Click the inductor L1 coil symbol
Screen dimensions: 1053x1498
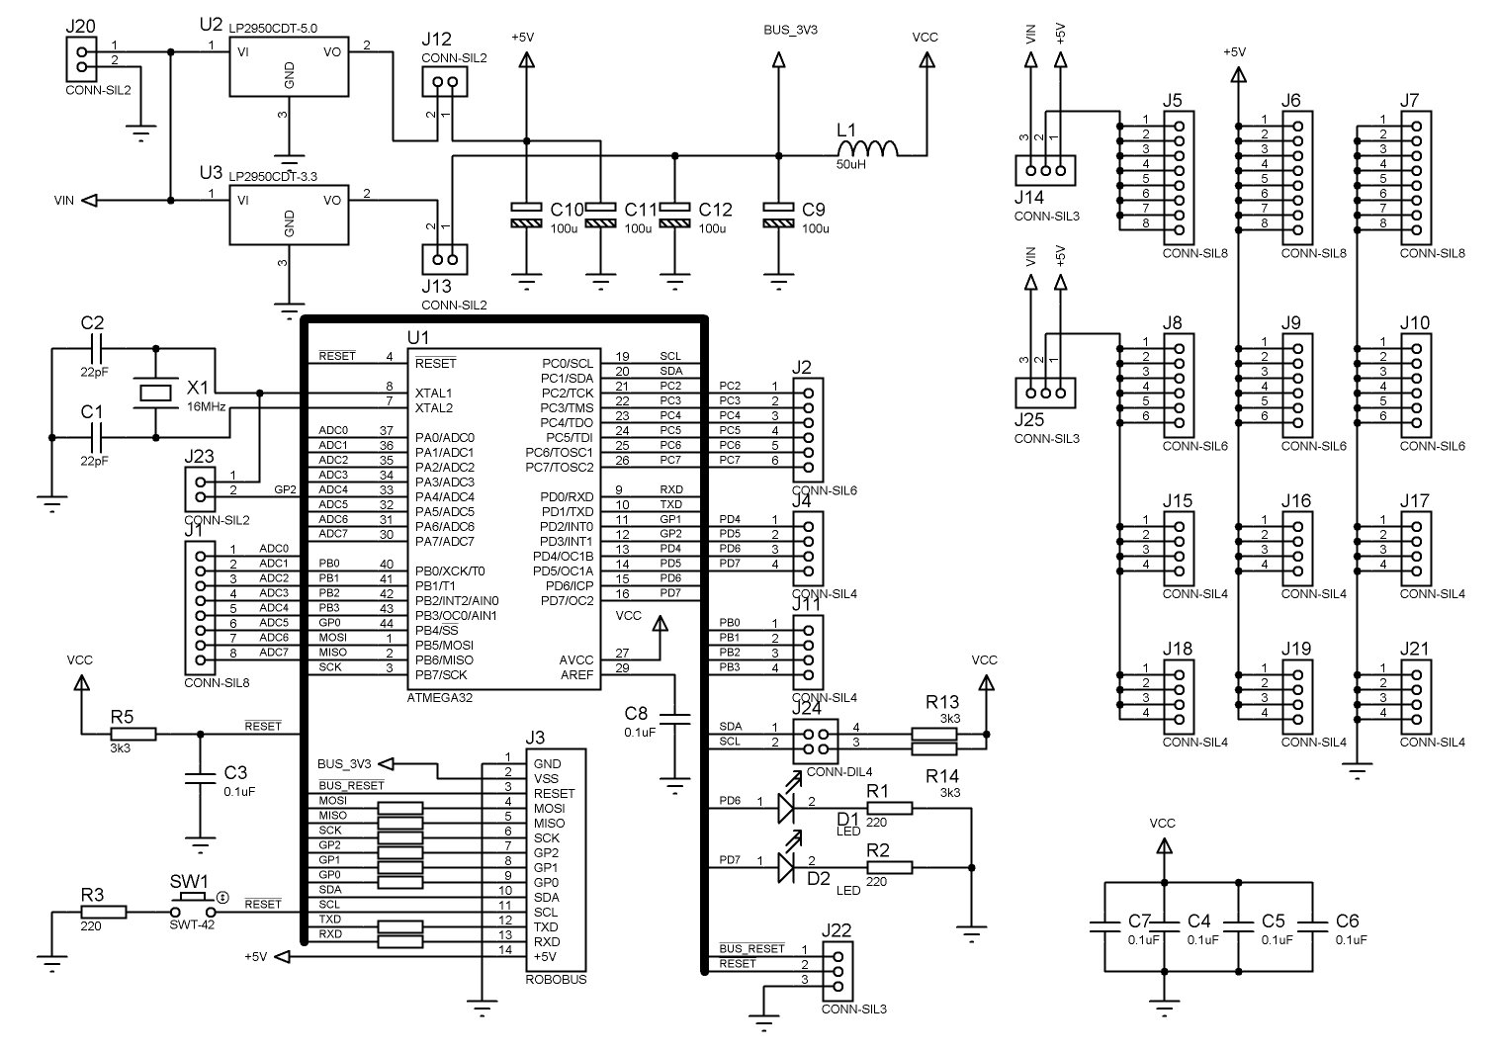click(x=867, y=147)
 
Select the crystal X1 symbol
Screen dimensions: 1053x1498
click(x=156, y=393)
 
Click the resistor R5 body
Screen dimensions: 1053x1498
click(x=132, y=734)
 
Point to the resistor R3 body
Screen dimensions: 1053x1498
click(x=103, y=912)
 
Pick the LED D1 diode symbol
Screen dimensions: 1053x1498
click(x=786, y=809)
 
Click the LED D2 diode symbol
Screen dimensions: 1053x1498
click(x=786, y=868)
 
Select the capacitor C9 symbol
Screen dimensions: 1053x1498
click(x=779, y=216)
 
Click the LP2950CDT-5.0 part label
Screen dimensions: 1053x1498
click(x=273, y=30)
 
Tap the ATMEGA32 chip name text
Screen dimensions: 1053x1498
click(x=440, y=697)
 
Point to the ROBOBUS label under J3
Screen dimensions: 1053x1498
click(x=556, y=980)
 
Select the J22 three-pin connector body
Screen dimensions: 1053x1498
click(x=837, y=972)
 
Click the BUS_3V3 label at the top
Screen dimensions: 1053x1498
click(x=791, y=30)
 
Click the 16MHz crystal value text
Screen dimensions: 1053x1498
click(x=206, y=406)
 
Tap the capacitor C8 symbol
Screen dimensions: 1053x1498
click(x=676, y=718)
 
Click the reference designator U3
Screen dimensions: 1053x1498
click(x=211, y=172)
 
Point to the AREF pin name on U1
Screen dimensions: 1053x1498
click(x=576, y=675)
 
